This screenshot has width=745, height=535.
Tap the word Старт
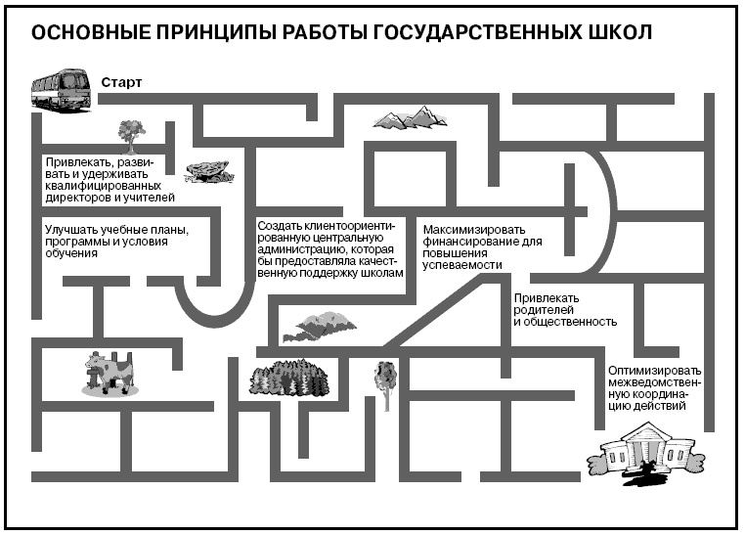click(121, 82)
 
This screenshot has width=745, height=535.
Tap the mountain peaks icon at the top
click(410, 118)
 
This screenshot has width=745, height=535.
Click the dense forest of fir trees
click(287, 378)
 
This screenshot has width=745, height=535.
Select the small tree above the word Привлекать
click(131, 131)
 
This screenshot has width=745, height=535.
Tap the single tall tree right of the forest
click(385, 382)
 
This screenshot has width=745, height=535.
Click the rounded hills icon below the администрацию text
click(319, 327)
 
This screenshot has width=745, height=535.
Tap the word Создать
click(279, 225)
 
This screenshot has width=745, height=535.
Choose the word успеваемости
click(461, 264)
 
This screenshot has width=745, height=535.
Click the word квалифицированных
click(100, 185)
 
